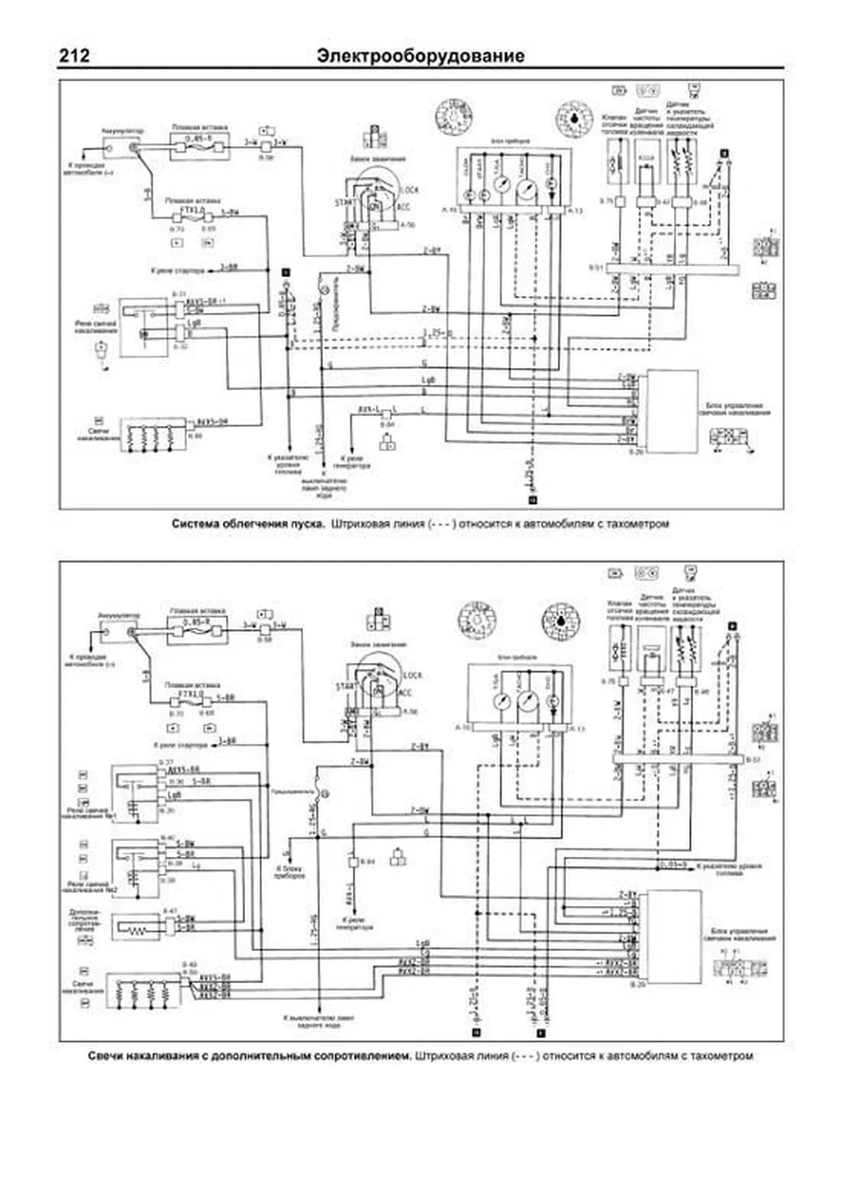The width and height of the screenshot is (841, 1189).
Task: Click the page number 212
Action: click(x=74, y=55)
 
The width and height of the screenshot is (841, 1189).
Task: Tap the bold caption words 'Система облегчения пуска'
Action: click(x=248, y=523)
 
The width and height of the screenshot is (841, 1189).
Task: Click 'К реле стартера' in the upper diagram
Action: click(x=176, y=270)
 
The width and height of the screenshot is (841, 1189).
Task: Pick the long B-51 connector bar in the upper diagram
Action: click(x=672, y=269)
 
